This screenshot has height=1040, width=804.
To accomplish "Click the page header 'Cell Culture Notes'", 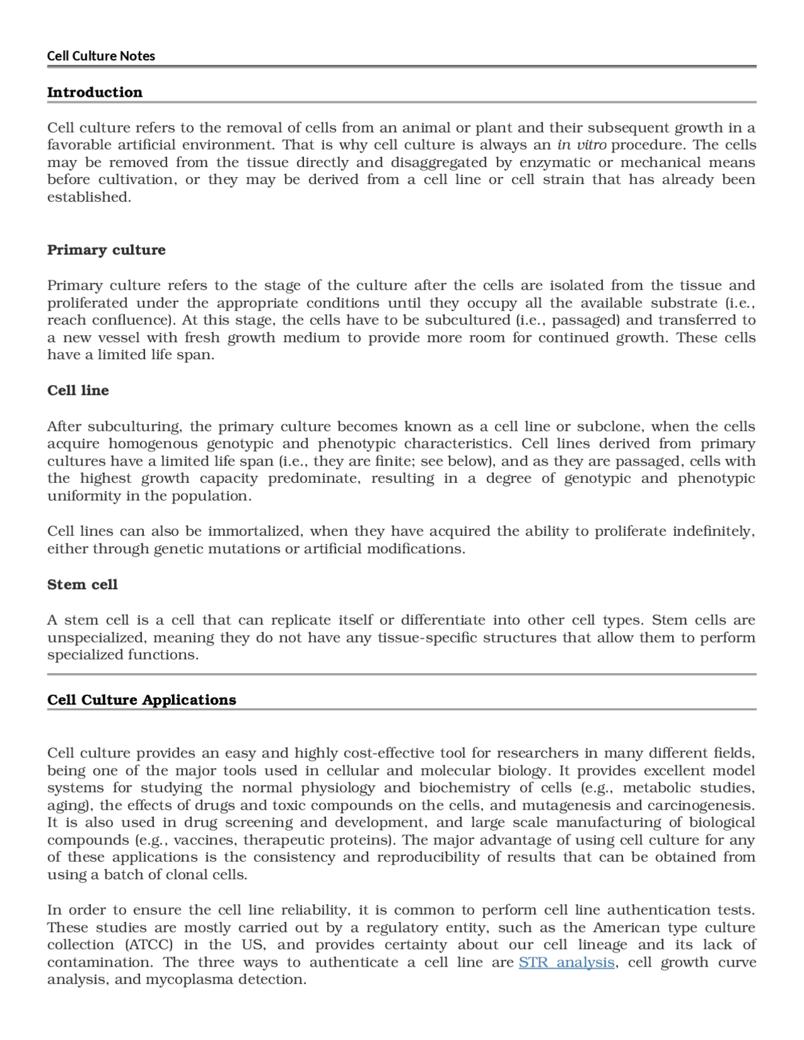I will click(100, 56).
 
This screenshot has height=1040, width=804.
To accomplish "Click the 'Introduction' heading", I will click(95, 92).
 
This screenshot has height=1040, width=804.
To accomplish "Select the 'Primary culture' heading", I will click(106, 250).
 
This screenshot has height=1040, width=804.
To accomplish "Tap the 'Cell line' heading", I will click(78, 391).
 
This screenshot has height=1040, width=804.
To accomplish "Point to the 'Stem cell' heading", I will click(82, 585).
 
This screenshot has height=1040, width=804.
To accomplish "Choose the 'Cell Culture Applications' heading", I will click(141, 700).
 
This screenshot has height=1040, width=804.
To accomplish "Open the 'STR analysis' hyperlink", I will click(567, 963).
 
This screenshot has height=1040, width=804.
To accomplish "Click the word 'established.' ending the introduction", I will click(89, 197).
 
